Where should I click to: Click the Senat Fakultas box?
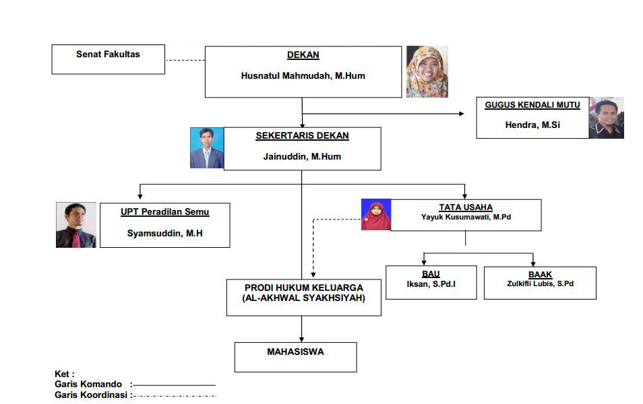[109, 59]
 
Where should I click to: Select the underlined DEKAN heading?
[303, 55]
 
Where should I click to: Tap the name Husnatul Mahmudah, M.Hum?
[303, 76]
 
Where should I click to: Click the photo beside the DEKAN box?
[427, 71]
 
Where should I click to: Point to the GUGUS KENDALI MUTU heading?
[532, 105]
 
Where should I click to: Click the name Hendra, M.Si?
[532, 125]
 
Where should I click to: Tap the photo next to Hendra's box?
[607, 118]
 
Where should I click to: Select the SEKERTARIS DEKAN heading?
[302, 135]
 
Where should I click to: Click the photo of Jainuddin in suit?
[207, 148]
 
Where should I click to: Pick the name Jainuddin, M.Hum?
[302, 156]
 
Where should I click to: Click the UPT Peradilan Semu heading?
[165, 212]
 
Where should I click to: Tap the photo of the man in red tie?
[76, 225]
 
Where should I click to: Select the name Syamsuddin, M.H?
[165, 233]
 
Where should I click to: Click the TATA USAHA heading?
[466, 207]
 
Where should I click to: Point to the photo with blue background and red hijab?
[376, 215]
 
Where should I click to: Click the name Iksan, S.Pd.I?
[431, 284]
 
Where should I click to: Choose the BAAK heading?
[540, 275]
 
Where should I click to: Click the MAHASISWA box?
[296, 358]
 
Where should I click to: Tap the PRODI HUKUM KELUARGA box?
[304, 298]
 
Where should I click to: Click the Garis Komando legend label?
[88, 384]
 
